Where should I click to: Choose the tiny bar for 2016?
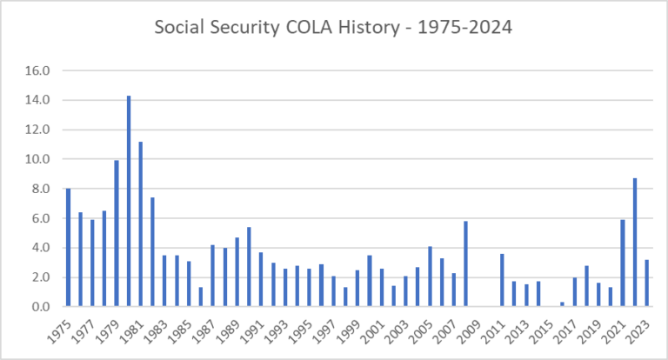[x=562, y=304]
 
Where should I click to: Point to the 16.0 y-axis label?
[x=40, y=70]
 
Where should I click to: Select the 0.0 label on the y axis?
[x=43, y=307]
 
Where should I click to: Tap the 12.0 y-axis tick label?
[x=40, y=130]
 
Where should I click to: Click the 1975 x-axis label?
[x=59, y=328]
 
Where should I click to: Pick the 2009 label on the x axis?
[x=470, y=328]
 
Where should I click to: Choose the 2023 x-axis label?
[x=638, y=328]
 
